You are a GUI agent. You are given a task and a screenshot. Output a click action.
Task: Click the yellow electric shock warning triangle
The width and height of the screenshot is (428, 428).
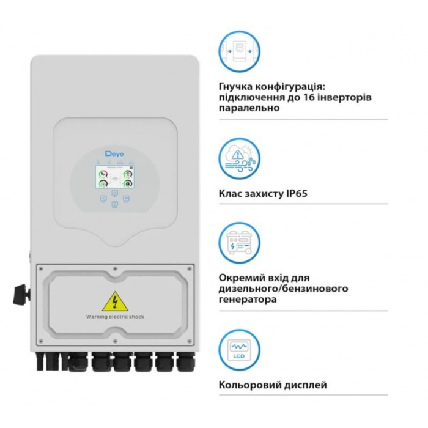114,300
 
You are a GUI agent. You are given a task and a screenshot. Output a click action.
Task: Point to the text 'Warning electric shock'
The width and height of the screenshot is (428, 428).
114,317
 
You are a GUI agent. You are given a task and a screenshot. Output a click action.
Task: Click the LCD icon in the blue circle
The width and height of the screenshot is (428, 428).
240,349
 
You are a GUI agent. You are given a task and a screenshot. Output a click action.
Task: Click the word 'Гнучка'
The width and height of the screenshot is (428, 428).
235,87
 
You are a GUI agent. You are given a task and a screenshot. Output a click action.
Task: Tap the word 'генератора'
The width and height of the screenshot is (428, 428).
246,300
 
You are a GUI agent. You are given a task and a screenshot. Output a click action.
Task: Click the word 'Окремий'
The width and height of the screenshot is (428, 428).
240,277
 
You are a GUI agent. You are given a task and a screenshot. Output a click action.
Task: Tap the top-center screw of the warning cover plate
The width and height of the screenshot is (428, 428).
114,268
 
